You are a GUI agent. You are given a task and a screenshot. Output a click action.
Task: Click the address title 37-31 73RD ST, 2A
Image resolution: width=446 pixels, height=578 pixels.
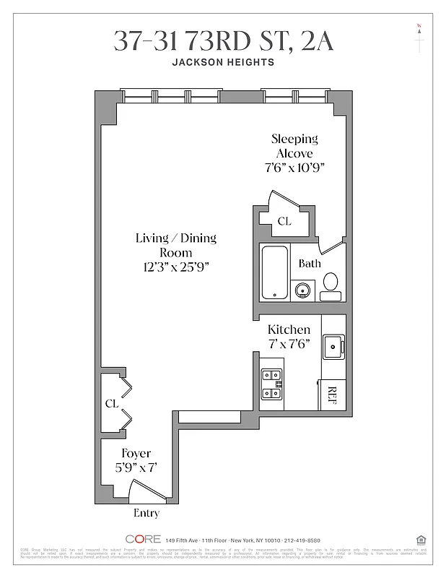pyautogui.click(x=223, y=41)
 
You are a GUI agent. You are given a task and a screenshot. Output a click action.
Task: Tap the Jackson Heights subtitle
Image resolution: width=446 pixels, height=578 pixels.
pyautogui.click(x=223, y=62)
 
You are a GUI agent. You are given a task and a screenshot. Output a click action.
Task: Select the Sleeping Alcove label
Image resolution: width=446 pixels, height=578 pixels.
pyautogui.click(x=294, y=146)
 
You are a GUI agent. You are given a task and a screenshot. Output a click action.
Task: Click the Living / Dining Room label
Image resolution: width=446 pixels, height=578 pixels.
pyautogui.click(x=176, y=246)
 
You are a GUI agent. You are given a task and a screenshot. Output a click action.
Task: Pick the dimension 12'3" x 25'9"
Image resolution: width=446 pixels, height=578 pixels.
pyautogui.click(x=176, y=267)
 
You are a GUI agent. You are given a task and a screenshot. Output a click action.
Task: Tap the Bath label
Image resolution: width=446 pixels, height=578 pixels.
pyautogui.click(x=310, y=264)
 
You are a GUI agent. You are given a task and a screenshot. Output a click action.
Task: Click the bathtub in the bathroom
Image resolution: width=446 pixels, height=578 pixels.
pyautogui.click(x=274, y=273)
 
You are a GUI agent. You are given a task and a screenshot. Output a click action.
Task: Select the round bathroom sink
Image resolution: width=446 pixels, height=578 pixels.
pyautogui.click(x=304, y=290)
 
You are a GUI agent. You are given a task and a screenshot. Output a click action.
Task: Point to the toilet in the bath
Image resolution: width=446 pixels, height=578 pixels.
pyautogui.click(x=331, y=284)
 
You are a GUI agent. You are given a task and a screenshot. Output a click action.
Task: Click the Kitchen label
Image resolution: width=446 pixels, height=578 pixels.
pyautogui.click(x=289, y=329)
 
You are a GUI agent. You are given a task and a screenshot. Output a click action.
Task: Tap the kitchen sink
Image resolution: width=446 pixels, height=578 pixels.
pyautogui.click(x=333, y=347)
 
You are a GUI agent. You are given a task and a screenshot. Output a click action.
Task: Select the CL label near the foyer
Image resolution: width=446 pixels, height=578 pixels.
pyautogui.click(x=111, y=403)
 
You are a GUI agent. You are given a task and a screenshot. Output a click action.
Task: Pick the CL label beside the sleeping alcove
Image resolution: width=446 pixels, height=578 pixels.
pyautogui.click(x=284, y=221)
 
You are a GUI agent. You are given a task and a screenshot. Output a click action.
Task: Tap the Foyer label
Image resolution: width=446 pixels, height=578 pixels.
pyautogui.click(x=136, y=454)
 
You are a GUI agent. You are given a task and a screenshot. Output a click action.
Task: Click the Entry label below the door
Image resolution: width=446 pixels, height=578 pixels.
pyautogui.click(x=146, y=514)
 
